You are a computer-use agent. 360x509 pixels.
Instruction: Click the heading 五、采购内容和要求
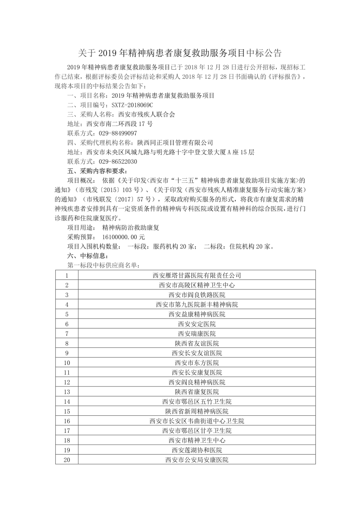96,171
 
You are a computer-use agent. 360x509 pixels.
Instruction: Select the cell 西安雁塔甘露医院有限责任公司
197,275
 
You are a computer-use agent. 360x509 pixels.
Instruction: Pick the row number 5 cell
67,314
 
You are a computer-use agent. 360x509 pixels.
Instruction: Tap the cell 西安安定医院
197,324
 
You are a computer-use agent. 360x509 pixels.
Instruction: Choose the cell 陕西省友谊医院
197,343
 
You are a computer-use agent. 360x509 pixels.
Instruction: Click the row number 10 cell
67,363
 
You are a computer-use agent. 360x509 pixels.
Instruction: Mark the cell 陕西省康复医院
197,392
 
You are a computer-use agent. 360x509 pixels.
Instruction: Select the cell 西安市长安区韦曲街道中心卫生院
197,421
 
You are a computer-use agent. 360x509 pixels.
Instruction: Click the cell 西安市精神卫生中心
197,441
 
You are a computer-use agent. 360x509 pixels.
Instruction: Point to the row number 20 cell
67,460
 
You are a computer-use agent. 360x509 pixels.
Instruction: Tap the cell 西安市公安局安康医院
197,460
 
